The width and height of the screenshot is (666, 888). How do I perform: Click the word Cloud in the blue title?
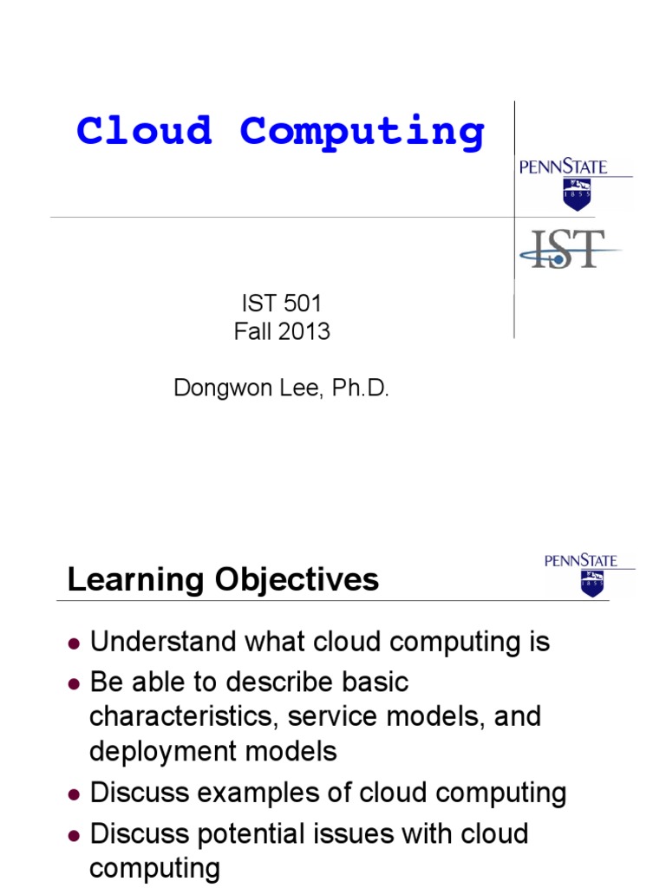tap(144, 131)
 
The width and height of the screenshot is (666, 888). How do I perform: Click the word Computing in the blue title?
tap(362, 133)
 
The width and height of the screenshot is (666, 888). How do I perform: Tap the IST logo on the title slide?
tap(569, 249)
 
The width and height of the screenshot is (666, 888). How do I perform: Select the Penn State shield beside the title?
tap(576, 194)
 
